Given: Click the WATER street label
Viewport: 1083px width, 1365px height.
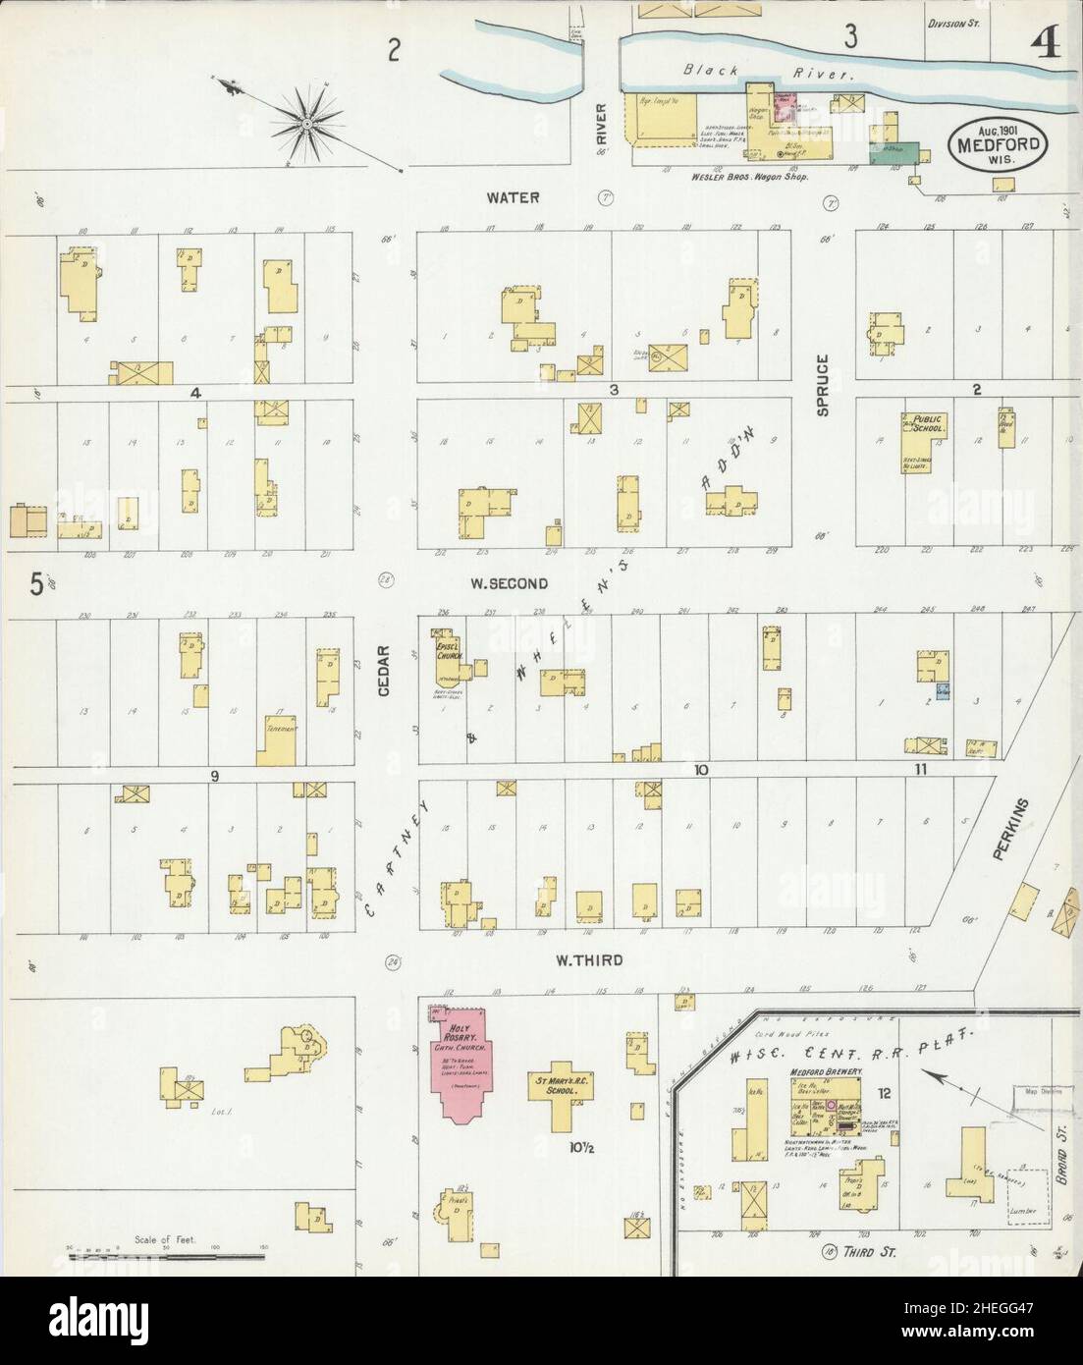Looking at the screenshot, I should coord(513,197).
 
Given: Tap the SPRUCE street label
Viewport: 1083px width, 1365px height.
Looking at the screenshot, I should coord(823,385).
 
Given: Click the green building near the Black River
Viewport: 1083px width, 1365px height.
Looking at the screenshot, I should coord(895,152).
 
